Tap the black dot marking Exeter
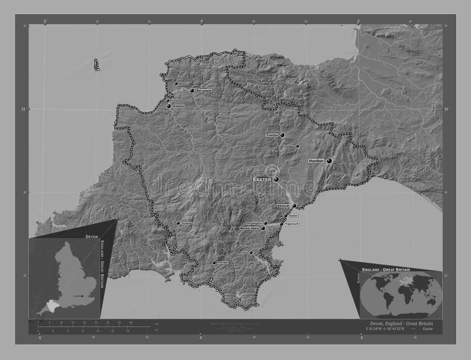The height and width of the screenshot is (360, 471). pos(276,179)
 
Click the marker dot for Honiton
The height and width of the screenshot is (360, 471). pos(329,161)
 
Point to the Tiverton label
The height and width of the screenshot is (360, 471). pos(272,135)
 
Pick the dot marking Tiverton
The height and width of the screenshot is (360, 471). pos(283,135)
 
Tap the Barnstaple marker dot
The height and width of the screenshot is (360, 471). pos(192,91)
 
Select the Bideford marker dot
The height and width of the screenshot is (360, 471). pos(169,106)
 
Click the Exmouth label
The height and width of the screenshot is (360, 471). pos(284,206)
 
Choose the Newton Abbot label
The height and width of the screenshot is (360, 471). pos(250,228)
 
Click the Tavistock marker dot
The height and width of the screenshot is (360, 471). pos(178,224)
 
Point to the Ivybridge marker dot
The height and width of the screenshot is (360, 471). pos(214,262)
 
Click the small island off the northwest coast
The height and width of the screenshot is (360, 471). pos(96,65)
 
